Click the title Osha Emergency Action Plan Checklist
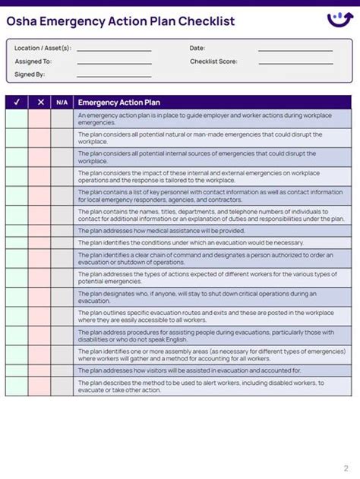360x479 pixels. coord(121,21)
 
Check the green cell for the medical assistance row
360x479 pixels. coord(17,231)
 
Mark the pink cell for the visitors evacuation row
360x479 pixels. coord(40,370)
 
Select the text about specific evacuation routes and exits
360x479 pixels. coord(206,316)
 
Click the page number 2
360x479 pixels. coord(346,468)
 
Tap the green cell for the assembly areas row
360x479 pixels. coord(17,355)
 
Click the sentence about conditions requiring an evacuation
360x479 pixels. coord(191,243)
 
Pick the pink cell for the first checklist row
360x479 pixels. coord(40,119)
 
